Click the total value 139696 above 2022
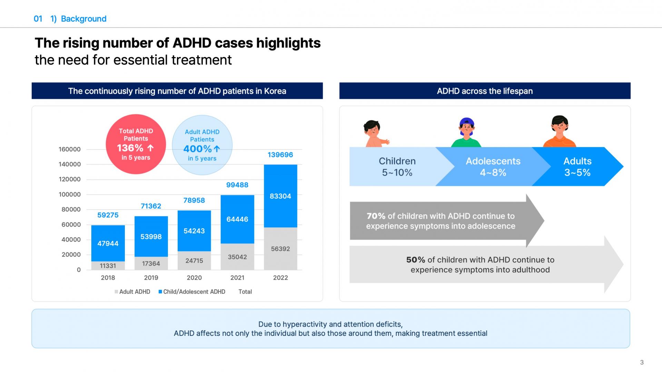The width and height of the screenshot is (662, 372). [280, 155]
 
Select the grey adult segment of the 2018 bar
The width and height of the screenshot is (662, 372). [108, 266]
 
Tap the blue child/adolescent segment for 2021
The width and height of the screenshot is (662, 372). [237, 219]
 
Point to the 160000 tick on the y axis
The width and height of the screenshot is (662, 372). [70, 149]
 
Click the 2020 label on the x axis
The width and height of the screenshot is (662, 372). [194, 278]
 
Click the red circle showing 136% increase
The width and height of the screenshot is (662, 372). [136, 144]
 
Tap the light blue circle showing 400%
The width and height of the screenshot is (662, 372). [202, 145]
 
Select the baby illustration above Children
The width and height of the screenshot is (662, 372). [374, 134]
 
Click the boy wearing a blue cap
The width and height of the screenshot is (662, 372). [466, 132]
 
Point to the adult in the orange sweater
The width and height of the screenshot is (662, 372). [560, 132]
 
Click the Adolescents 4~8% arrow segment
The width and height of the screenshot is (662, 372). [493, 167]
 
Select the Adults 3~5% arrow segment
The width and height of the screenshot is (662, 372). [577, 167]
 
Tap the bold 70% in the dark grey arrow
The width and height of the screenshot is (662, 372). [376, 216]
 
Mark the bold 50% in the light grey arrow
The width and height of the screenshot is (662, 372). [415, 260]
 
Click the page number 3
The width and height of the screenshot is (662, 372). [642, 362]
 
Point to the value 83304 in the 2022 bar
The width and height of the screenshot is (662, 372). [280, 196]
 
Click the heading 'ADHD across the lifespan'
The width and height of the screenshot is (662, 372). [485, 91]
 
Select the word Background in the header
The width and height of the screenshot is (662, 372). [83, 19]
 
